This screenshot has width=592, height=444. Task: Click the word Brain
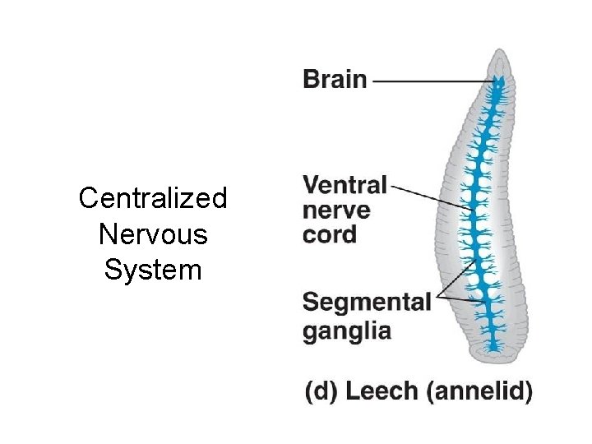(x=335, y=80)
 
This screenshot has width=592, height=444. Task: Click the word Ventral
(x=345, y=185)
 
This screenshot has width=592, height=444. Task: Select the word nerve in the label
(x=336, y=210)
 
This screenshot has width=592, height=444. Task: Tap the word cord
(x=330, y=235)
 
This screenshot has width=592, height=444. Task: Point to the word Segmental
(x=367, y=302)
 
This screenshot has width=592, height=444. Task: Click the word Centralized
(x=153, y=198)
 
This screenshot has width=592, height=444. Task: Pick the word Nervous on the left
(x=153, y=234)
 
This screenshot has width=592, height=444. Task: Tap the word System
(x=153, y=270)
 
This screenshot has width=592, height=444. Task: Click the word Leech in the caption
(x=382, y=391)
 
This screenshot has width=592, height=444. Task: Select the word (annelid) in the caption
(x=479, y=391)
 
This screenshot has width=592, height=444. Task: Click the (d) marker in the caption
(x=322, y=391)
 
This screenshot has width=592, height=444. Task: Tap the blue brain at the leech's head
(x=497, y=83)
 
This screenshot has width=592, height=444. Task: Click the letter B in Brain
(x=311, y=80)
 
